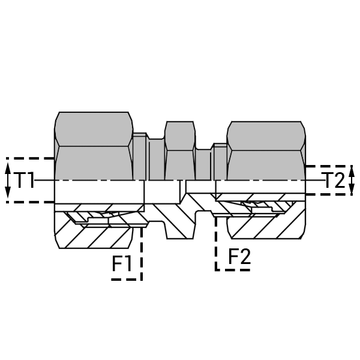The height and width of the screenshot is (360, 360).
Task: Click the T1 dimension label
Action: [24, 180]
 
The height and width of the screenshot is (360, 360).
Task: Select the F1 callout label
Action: [122, 263]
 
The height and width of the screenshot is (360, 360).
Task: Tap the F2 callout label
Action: [239, 256]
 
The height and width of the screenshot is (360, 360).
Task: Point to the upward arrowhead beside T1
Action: [8, 168]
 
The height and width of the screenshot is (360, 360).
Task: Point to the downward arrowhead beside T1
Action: [8, 193]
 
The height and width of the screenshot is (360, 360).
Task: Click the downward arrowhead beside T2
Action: [352, 189]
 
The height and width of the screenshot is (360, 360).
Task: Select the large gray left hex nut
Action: [94, 146]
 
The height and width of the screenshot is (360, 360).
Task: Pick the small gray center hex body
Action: [180, 151]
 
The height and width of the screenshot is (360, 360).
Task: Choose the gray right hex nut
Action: [266, 151]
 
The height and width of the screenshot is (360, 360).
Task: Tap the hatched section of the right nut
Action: [266, 227]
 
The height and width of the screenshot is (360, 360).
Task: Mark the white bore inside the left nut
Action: [99, 192]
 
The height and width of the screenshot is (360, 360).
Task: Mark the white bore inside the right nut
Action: [260, 187]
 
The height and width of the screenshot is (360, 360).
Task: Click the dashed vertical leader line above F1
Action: [142, 254]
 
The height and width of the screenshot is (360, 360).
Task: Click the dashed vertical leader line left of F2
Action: [216, 244]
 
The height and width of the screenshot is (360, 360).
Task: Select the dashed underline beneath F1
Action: [126, 280]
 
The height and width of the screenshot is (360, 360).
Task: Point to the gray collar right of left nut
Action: [140, 157]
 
